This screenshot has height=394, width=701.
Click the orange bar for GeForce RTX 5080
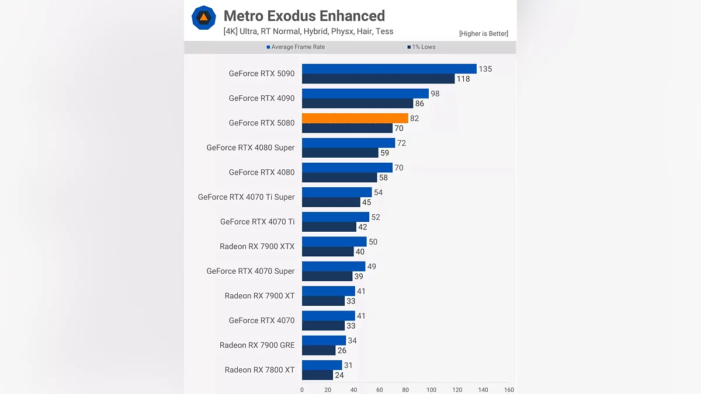point(355,118)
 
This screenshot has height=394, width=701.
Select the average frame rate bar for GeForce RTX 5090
point(389,69)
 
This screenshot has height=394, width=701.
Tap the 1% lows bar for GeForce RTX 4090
point(358,103)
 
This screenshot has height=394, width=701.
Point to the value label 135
point(485,69)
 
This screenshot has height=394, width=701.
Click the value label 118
point(463,79)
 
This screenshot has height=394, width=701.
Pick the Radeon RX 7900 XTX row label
point(257,246)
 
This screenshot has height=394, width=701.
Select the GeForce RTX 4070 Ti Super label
point(246,197)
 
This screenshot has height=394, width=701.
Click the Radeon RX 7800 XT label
point(259,369)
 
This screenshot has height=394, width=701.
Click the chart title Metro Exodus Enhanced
point(304,16)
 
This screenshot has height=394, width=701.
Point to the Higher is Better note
point(483,33)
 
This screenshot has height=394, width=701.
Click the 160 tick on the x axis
point(509,389)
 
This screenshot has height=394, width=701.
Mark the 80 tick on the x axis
point(405,389)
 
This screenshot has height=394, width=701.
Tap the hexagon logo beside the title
point(204,18)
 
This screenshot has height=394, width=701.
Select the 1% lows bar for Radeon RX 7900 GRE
point(318,350)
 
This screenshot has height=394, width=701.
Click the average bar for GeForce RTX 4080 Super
point(348,143)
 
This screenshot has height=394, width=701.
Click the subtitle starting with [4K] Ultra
point(308,32)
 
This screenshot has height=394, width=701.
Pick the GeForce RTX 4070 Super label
point(250,271)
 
